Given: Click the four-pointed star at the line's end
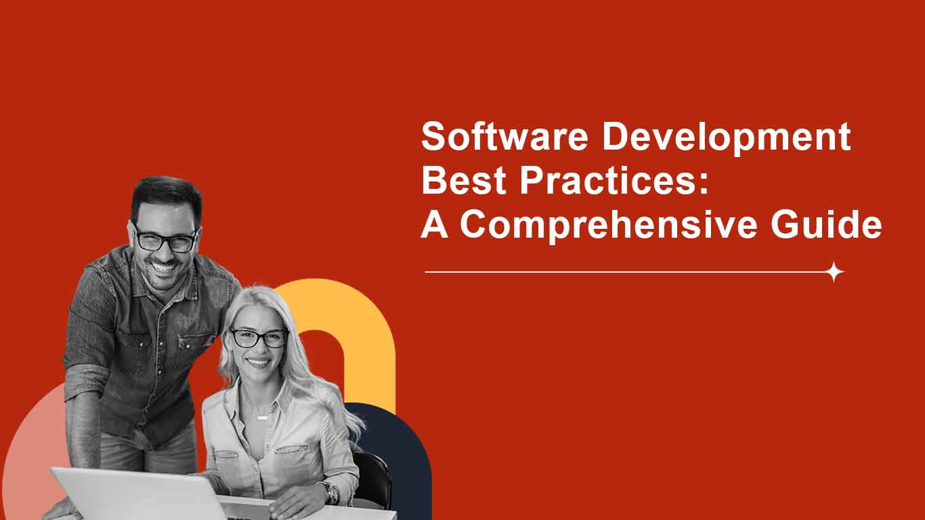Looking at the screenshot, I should pos(835,272).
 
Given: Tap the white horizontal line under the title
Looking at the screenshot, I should pos(623,272).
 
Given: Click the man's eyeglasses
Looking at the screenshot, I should pos(165,240).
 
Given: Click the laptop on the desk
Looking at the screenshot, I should pos(135,494).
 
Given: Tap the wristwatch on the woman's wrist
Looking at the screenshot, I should pos(331,492).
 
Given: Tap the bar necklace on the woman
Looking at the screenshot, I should pos(262,418).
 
